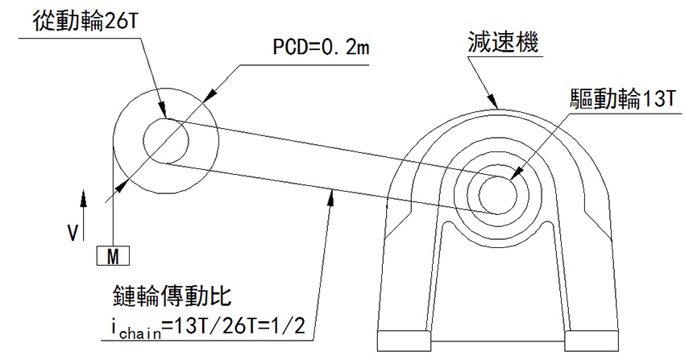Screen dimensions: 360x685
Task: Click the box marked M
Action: click(x=113, y=256)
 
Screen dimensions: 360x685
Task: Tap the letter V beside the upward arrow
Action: click(x=73, y=233)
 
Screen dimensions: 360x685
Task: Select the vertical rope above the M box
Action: click(x=114, y=201)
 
